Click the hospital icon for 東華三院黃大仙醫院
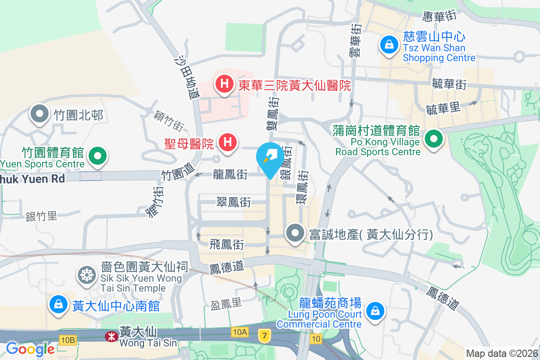[224, 84]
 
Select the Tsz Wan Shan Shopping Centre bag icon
[388, 44]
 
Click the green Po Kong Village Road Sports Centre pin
[434, 139]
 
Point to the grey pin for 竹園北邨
[40, 114]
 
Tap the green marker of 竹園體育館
[97, 156]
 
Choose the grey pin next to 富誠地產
[295, 234]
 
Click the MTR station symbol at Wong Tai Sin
[109, 336]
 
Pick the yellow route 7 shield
[264, 335]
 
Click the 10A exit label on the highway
[240, 332]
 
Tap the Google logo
[30, 349]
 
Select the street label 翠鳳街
[234, 202]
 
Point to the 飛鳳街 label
[227, 245]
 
